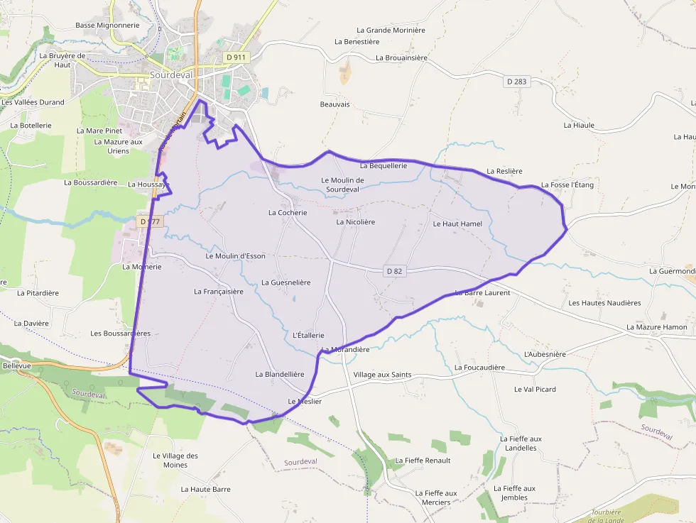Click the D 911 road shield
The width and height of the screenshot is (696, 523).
click(x=236, y=56)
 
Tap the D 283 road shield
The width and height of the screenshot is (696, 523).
click(x=517, y=82)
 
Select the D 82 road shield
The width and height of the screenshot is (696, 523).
click(x=395, y=271)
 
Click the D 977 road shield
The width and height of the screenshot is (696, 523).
click(x=151, y=221)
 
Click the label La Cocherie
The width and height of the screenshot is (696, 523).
click(x=288, y=212)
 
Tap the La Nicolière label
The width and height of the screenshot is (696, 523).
click(x=355, y=221)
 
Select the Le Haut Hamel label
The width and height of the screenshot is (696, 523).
click(x=457, y=224)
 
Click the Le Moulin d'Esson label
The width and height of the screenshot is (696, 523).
click(x=235, y=255)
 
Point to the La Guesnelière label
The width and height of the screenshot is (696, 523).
click(x=286, y=282)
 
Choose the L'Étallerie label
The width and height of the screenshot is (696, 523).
click(x=308, y=335)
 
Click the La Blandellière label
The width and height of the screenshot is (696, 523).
click(x=280, y=374)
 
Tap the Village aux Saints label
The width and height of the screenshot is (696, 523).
click(x=382, y=375)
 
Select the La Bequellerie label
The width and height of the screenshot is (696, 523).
click(x=384, y=165)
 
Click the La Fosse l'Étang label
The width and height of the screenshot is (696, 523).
click(x=567, y=185)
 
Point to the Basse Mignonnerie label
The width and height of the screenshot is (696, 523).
click(x=107, y=25)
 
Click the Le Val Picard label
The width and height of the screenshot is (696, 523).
click(x=535, y=389)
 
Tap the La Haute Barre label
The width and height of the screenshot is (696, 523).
click(x=205, y=489)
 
